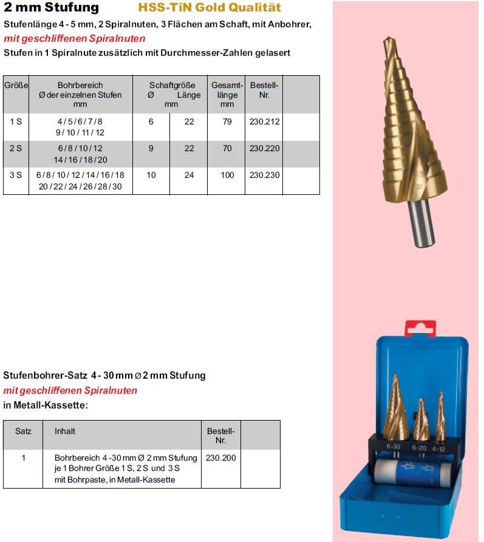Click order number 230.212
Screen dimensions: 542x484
[x=264, y=122]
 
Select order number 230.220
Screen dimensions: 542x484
[x=264, y=149]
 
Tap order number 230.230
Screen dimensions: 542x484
[x=264, y=175]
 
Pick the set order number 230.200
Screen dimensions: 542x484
[x=221, y=458]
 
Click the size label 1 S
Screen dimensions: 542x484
[x=16, y=122]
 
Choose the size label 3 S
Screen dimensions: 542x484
[x=16, y=175]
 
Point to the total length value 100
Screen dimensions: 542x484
[x=227, y=175]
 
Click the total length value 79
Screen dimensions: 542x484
[x=227, y=122]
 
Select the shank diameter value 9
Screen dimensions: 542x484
[x=151, y=149]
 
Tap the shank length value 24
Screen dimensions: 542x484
[x=189, y=175]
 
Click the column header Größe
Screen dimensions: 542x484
[x=16, y=86]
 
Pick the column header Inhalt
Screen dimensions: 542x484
[x=65, y=432]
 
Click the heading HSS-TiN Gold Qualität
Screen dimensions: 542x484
[x=210, y=8]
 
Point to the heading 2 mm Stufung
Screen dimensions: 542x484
[x=51, y=8]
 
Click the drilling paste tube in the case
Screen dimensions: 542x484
[x=413, y=472]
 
